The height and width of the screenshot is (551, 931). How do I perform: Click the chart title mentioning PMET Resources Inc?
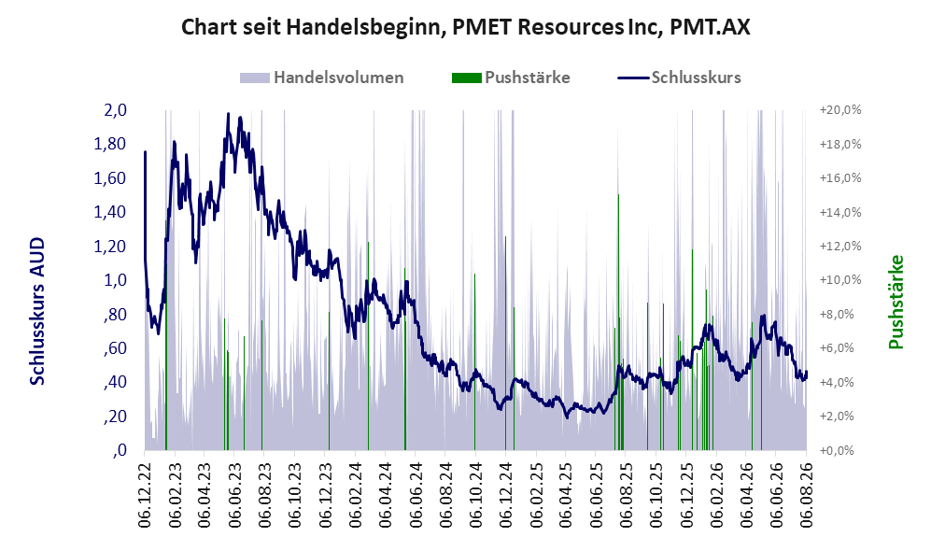(465, 27)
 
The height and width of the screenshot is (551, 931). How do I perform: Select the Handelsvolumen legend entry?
(322, 78)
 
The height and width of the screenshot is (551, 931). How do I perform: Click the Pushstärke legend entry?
(511, 78)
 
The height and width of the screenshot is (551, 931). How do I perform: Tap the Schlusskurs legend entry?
(679, 78)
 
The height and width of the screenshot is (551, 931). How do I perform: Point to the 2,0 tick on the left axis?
(115, 110)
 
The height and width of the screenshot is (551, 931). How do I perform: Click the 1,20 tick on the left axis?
(110, 247)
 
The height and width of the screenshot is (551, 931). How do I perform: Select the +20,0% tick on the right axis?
(840, 110)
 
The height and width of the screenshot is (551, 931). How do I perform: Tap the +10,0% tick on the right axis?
(840, 280)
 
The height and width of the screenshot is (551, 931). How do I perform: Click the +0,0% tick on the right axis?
(838, 451)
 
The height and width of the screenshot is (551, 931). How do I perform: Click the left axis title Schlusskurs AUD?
(36, 311)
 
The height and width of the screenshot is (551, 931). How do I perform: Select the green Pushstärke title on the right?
(896, 303)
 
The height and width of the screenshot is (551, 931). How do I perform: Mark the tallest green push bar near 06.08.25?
(619, 322)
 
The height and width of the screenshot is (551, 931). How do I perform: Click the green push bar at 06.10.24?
(475, 362)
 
